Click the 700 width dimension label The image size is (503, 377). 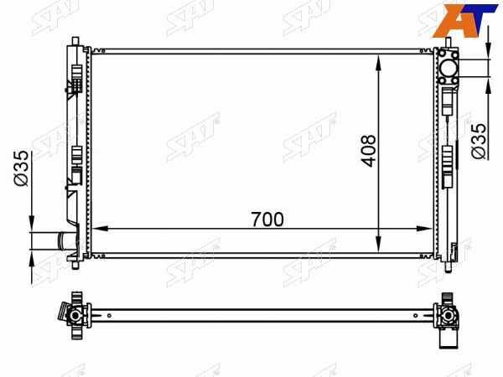tap(267, 219)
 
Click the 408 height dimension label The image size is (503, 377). tap(369, 151)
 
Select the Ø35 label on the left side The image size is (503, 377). tap(22, 168)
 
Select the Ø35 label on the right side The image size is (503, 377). tap(479, 141)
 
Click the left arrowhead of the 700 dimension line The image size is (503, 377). tap(100, 229)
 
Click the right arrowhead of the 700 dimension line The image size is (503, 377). tap(425, 229)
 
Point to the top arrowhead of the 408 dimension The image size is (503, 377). tap(379, 62)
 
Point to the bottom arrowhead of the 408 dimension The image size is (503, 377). tap(379, 245)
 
